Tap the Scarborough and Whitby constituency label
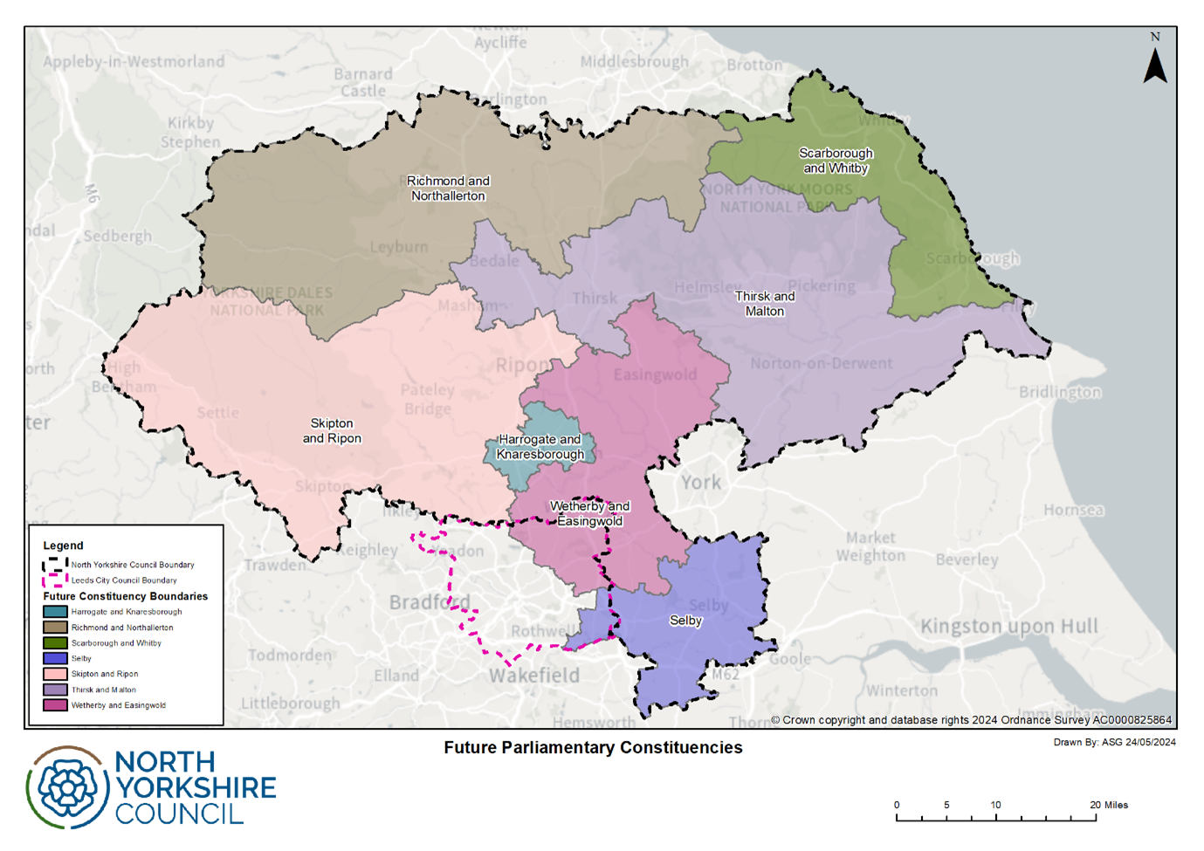(836, 161)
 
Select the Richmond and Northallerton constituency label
(448, 189)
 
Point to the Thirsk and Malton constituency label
(765, 304)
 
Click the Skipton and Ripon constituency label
(332, 431)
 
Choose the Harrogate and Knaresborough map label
(540, 447)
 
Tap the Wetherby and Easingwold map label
(589, 514)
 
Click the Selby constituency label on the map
(685, 621)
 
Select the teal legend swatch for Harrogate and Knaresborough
(55, 612)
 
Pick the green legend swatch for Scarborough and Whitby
(55, 643)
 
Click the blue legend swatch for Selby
(55, 658)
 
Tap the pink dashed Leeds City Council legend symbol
(55, 580)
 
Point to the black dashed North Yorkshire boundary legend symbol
(55, 565)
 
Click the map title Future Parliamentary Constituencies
(593, 748)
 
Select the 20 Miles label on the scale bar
(1109, 805)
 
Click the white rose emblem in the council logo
(67, 787)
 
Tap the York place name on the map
(701, 483)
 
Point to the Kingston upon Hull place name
(1009, 627)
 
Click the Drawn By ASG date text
(1114, 743)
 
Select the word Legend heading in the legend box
(64, 546)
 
